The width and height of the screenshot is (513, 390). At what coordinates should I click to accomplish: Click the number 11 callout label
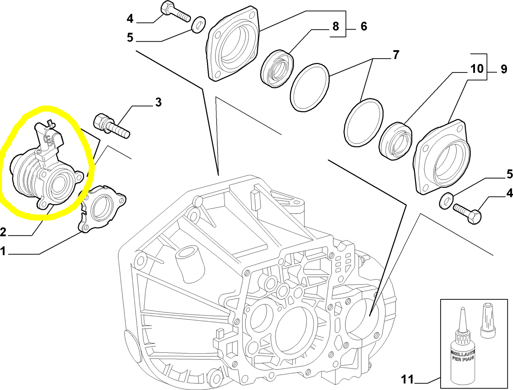click(x=407, y=379)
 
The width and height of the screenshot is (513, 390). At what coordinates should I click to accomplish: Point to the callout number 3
click(x=158, y=102)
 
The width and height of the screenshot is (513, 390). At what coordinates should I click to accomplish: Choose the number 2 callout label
click(x=3, y=233)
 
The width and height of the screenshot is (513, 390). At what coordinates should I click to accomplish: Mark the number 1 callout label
click(x=3, y=252)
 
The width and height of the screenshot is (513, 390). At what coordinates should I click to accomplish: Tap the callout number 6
click(x=364, y=26)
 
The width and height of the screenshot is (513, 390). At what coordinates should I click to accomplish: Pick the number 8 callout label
click(x=335, y=26)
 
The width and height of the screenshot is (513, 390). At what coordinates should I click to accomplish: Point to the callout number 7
click(x=395, y=55)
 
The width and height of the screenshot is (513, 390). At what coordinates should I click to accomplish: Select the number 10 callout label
click(x=477, y=69)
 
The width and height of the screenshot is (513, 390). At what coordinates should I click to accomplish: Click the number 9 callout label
click(x=504, y=69)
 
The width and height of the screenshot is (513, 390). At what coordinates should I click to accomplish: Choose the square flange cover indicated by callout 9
click(x=442, y=157)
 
